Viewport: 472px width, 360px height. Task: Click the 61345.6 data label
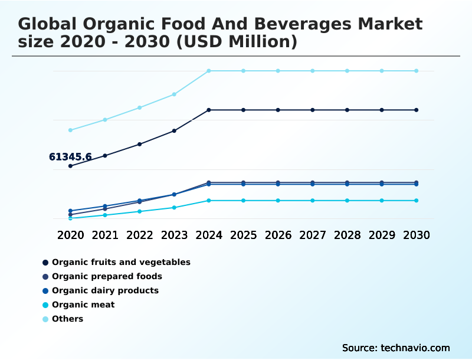(70, 157)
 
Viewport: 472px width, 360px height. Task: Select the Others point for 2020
(70, 130)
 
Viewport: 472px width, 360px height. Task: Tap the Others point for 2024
(209, 71)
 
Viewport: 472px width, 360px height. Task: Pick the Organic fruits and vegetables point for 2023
(174, 130)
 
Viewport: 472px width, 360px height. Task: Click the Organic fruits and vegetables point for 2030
(416, 110)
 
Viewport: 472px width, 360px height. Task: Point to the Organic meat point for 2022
(140, 211)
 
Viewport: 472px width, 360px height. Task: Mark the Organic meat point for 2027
(313, 201)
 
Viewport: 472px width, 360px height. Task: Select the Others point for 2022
(140, 107)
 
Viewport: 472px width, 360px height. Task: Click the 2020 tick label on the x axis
(70, 235)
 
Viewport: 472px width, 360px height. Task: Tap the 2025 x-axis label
(243, 235)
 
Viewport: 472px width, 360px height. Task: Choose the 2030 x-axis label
(416, 235)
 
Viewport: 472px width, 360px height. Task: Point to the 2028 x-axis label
(347, 235)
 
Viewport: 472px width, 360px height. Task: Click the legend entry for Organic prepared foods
(107, 276)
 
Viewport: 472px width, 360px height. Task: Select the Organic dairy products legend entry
(105, 290)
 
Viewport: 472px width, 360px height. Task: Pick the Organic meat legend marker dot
(45, 305)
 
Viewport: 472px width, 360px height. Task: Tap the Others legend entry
(67, 319)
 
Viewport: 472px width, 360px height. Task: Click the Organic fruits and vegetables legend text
(121, 262)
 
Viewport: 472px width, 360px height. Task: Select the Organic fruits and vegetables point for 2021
(105, 156)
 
